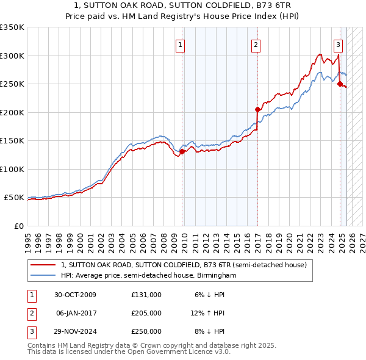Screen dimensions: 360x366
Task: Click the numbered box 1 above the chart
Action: click(x=181, y=45)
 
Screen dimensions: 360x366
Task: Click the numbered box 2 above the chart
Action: click(x=255, y=45)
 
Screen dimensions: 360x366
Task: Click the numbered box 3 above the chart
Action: click(x=338, y=45)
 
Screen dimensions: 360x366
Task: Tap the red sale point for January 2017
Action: click(x=257, y=110)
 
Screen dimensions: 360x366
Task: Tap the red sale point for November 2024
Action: click(x=340, y=84)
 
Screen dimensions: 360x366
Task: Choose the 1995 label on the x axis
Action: click(x=28, y=238)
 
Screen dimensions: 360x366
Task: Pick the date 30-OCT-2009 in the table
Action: click(x=75, y=295)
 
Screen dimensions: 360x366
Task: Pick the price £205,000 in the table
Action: click(x=146, y=313)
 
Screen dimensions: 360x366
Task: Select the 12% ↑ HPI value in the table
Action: click(x=207, y=313)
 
